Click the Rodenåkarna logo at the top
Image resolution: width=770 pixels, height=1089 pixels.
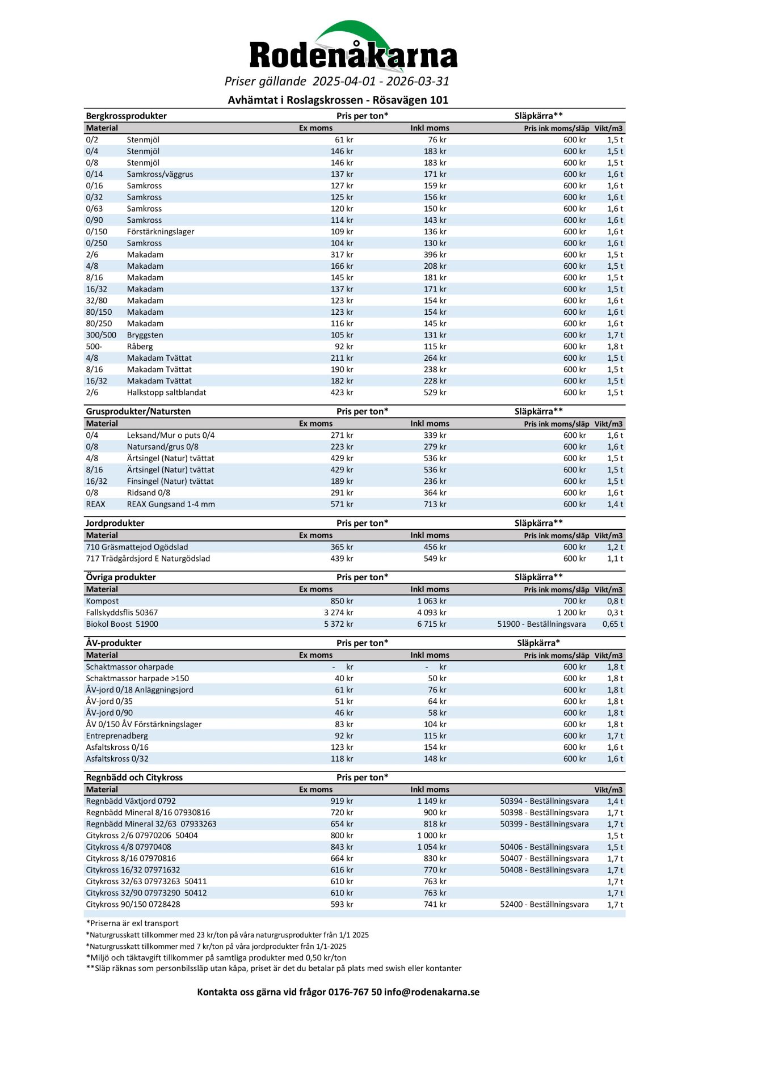pos(353,48)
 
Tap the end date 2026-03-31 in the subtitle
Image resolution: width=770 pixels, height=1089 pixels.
pos(418,81)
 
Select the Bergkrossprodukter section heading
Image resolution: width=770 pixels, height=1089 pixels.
pos(126,116)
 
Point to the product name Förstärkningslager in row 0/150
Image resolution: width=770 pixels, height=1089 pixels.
pos(161,231)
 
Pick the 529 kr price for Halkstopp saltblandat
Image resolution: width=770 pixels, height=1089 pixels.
pos(435,392)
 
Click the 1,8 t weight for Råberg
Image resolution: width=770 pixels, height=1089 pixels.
pos(615,347)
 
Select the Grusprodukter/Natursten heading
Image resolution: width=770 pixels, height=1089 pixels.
pos(138,411)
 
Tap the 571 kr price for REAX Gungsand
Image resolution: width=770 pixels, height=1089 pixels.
pos(342,504)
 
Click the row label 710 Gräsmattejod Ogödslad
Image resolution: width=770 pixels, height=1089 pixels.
pos(137,547)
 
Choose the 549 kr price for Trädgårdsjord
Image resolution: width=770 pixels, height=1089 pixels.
pos(435,559)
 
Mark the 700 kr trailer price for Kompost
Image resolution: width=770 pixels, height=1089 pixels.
pos(574,601)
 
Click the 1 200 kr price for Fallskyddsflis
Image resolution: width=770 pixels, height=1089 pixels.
pos(571,613)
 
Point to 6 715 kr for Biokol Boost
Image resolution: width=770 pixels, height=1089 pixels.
pos(431,624)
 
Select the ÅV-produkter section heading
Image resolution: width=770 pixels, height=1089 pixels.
pos(113,643)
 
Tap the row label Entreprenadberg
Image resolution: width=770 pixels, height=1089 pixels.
pos(117,736)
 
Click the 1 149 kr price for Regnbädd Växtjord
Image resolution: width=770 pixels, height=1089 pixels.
pos(431,801)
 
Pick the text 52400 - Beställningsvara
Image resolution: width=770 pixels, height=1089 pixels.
pos(544,905)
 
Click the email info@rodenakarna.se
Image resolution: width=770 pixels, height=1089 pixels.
pos(431,992)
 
